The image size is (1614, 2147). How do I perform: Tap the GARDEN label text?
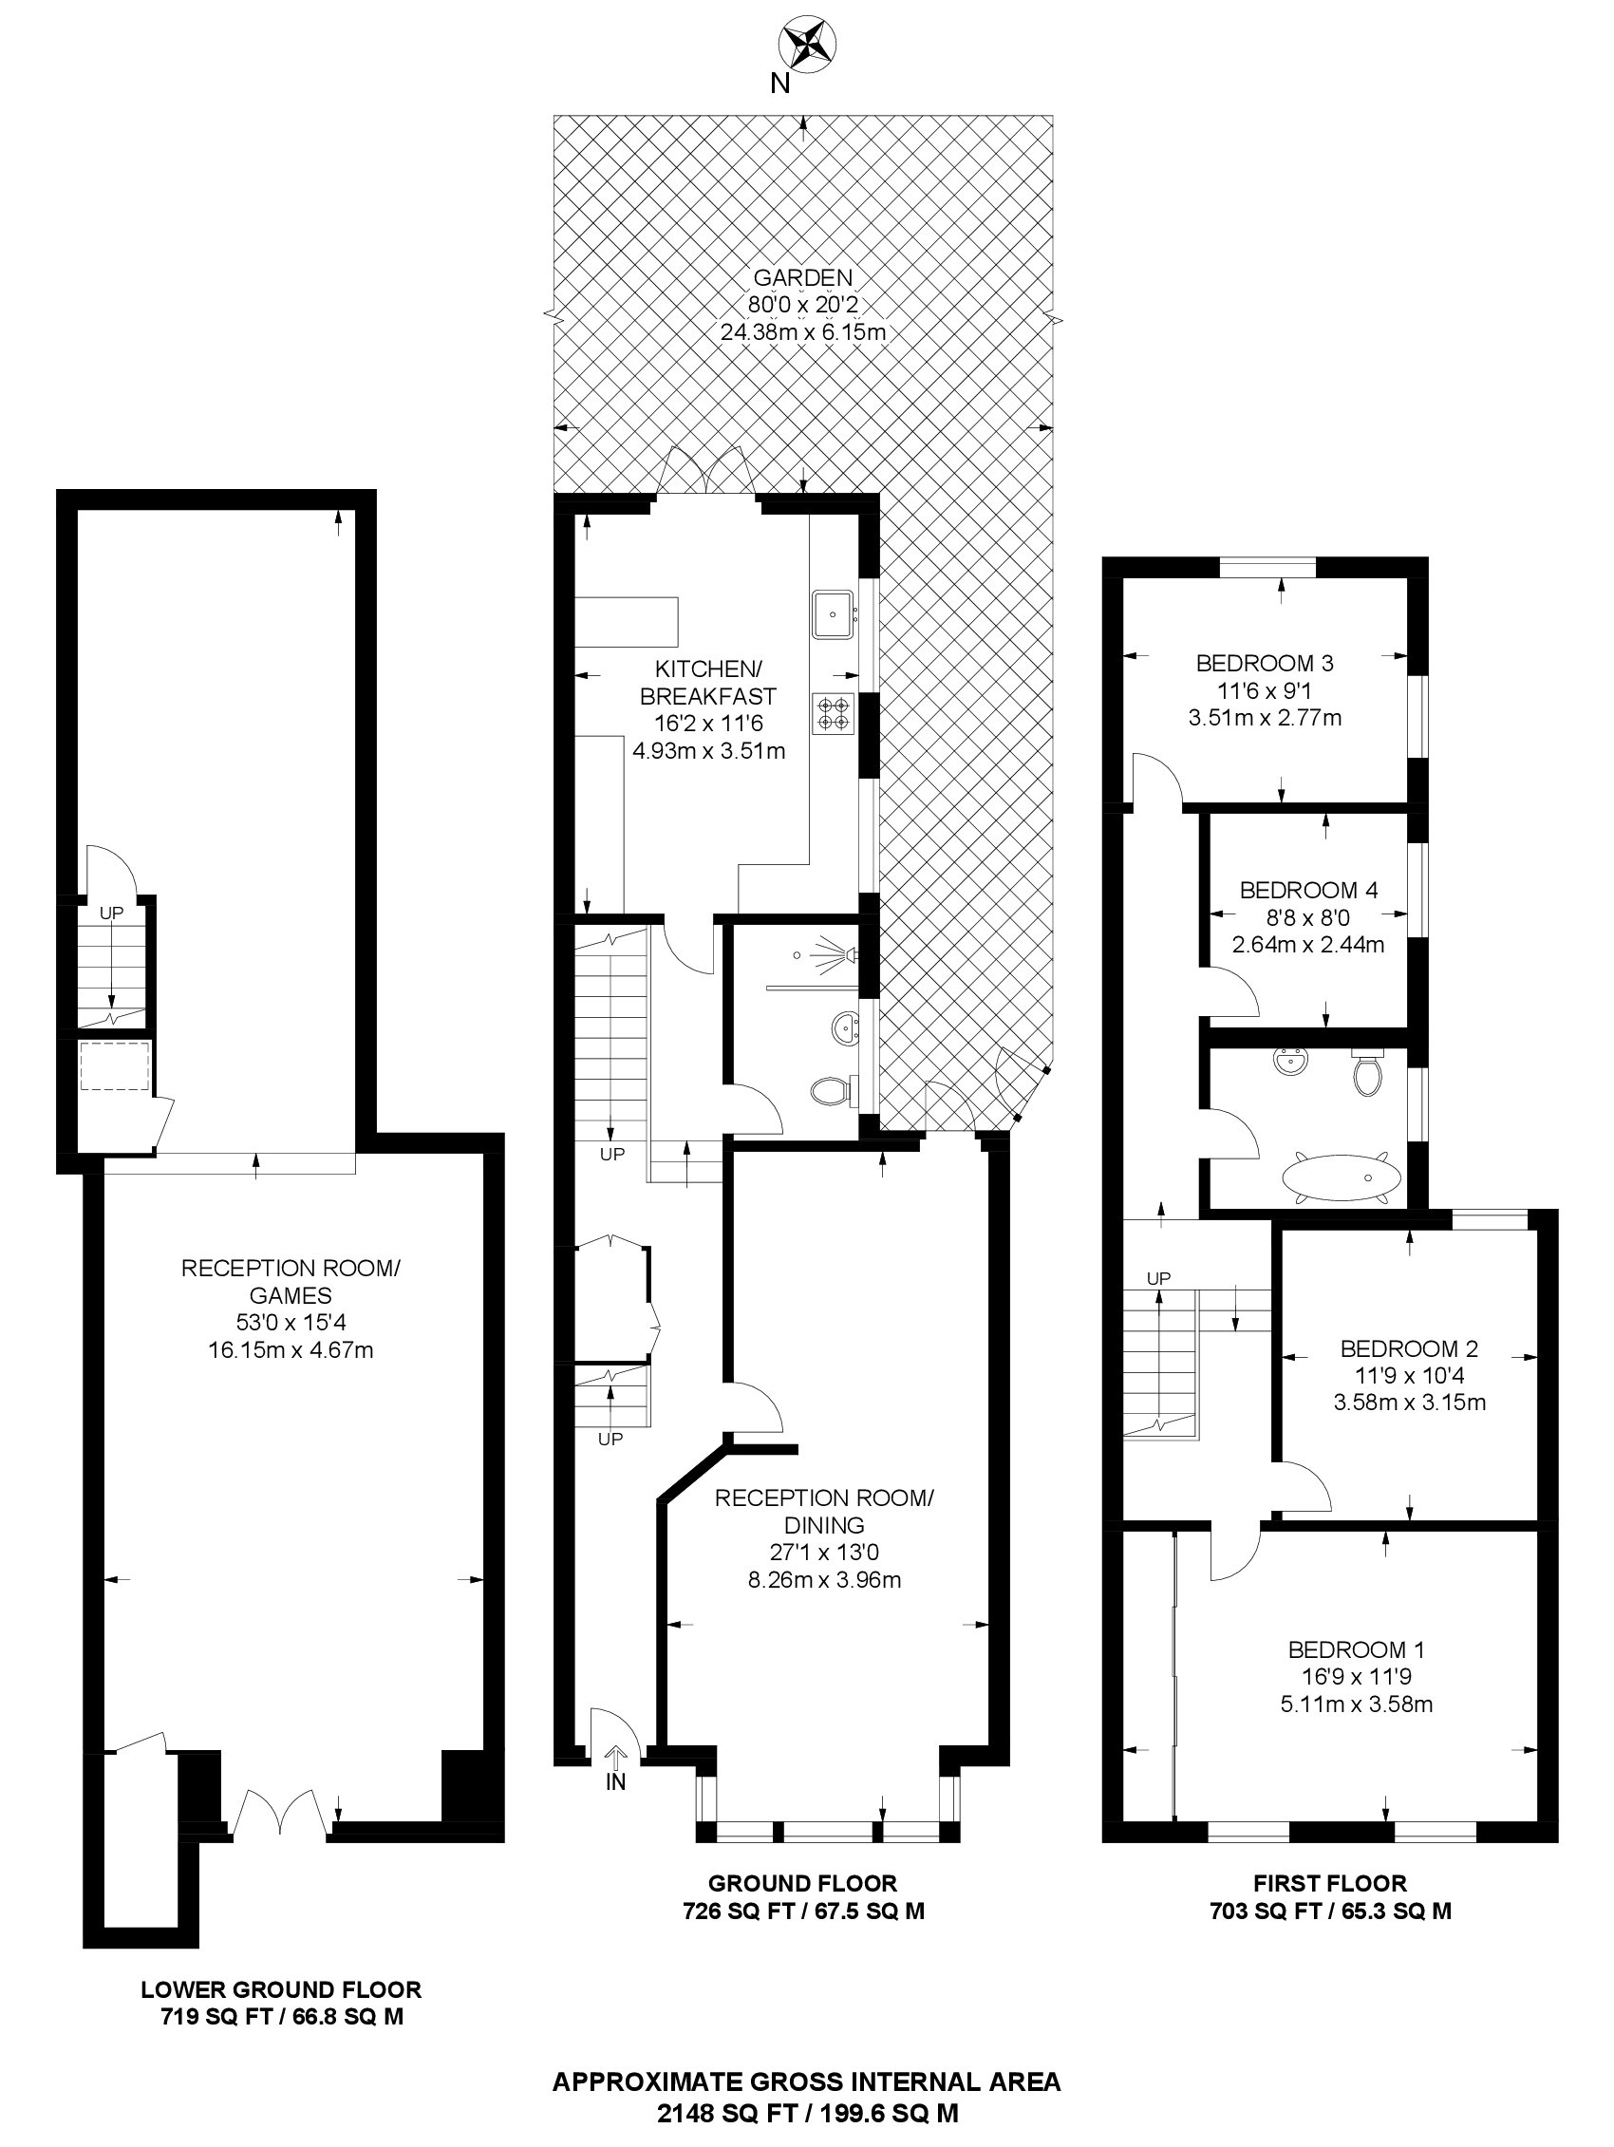(x=802, y=277)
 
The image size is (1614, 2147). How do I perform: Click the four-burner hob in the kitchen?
(x=834, y=713)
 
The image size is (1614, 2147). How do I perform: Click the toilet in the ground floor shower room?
(x=833, y=1091)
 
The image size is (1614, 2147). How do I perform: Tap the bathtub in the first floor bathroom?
(x=1342, y=1178)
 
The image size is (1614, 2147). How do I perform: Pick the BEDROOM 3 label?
(x=1264, y=664)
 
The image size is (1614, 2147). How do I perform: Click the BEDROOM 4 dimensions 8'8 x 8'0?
(x=1308, y=917)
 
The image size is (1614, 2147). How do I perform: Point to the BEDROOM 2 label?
(x=1409, y=1348)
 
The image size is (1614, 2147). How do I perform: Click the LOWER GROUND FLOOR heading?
(x=281, y=1989)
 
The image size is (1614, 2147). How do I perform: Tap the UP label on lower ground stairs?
(x=112, y=913)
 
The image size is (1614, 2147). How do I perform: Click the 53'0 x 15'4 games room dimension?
(x=291, y=1322)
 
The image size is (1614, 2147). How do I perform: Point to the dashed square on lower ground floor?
(x=115, y=1065)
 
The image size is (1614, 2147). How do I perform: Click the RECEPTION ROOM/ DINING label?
(x=824, y=1511)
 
